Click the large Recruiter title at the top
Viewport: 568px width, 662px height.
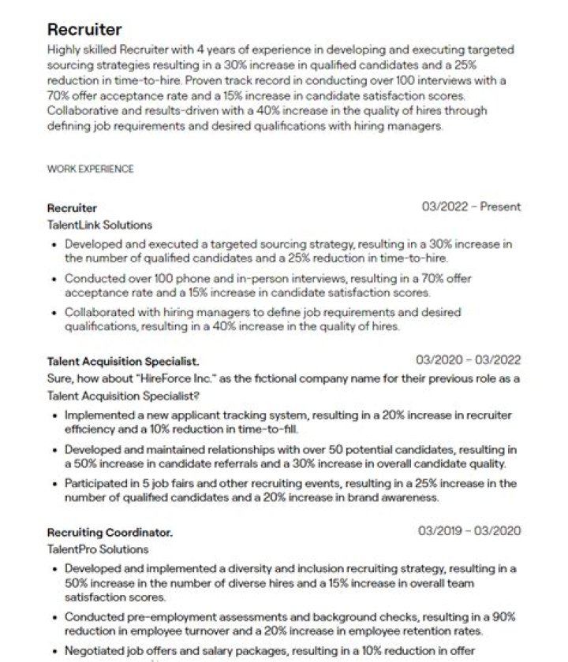[x=84, y=30]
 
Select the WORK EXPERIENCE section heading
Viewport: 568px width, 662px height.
[x=90, y=169]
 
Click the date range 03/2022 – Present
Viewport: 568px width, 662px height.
[x=471, y=207]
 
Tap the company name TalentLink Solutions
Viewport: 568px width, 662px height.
[x=99, y=225]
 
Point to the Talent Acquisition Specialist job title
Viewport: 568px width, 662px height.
[x=122, y=362]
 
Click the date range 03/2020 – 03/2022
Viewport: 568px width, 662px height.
[x=468, y=360]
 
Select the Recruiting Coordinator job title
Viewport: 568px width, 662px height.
[x=110, y=533]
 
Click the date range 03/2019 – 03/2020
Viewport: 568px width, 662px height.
[x=469, y=531]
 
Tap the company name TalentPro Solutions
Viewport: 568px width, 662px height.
[x=98, y=549]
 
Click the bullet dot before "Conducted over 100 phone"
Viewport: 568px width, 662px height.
[x=54, y=279]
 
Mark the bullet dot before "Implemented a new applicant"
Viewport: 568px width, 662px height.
[x=54, y=415]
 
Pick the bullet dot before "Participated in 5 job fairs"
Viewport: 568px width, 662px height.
[x=54, y=484]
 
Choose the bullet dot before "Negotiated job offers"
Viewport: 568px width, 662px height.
[x=54, y=652]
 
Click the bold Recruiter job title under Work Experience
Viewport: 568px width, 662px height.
[x=72, y=208]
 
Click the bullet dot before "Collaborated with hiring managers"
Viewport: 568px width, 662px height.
[x=54, y=313]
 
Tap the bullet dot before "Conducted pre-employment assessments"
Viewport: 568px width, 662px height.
[x=54, y=618]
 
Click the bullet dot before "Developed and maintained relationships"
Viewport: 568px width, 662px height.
[x=54, y=450]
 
